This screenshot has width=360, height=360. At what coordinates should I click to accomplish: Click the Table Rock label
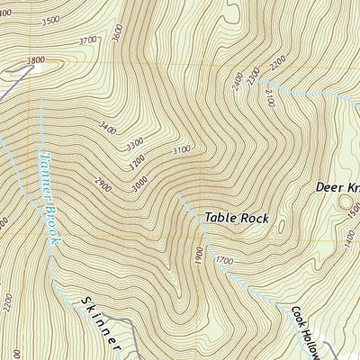click(236, 218)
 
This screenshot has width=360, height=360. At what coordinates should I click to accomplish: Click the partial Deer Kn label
click(337, 188)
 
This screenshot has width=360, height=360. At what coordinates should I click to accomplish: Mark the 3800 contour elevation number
click(35, 61)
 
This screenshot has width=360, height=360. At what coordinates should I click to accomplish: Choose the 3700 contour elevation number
click(88, 40)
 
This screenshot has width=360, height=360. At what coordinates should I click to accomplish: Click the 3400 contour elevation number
click(108, 130)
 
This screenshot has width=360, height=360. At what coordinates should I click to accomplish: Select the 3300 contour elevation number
click(134, 144)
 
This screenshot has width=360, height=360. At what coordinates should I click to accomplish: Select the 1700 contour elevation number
click(223, 260)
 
